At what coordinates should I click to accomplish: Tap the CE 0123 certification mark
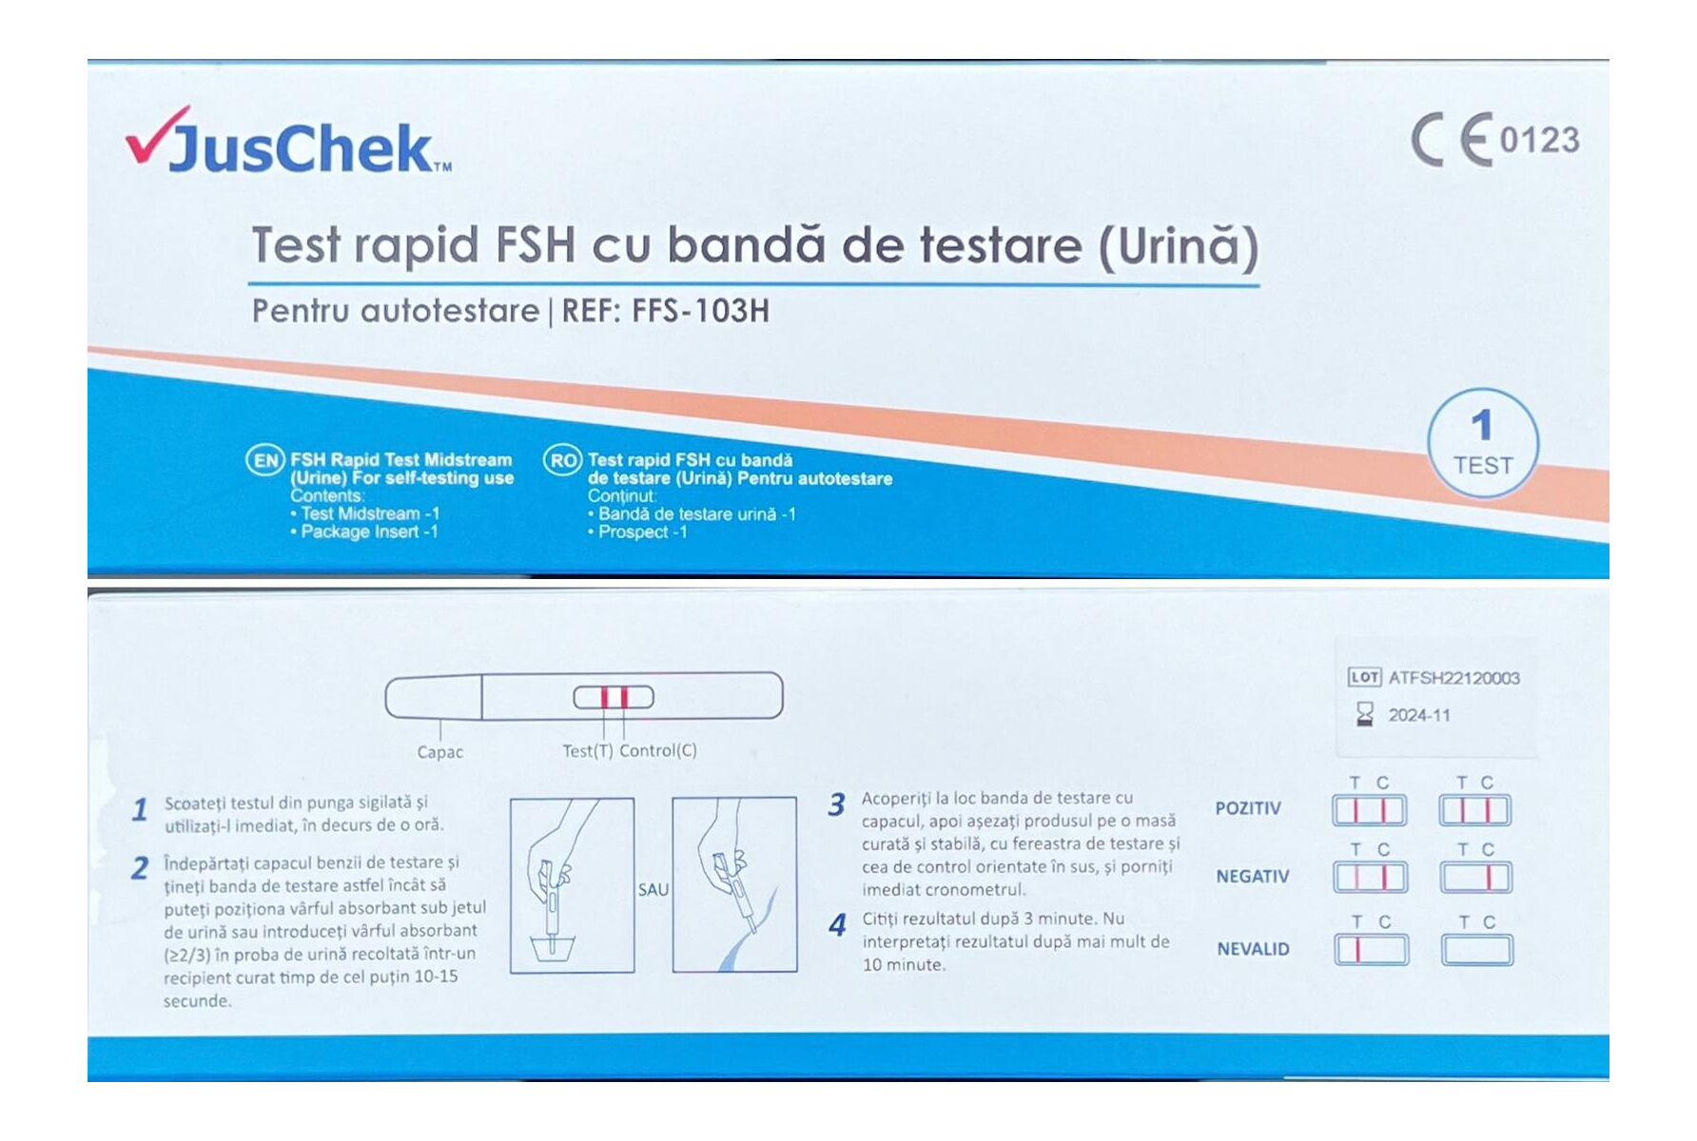[1494, 140]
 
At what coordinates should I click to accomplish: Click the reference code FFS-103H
[700, 311]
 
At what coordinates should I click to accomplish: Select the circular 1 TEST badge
[1481, 443]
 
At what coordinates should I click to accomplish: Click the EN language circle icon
[265, 461]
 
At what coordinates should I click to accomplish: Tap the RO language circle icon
[562, 461]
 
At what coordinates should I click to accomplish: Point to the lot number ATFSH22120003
[1453, 678]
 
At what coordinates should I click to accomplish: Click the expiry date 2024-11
[1418, 715]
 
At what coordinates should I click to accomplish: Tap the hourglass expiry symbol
[1364, 714]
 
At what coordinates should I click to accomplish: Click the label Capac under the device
[439, 752]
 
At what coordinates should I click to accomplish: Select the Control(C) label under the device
[658, 750]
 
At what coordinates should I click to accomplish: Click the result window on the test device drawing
[614, 697]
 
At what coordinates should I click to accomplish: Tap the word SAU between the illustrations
[653, 890]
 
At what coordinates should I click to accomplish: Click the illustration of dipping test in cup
[572, 885]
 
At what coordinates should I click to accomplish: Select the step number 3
[836, 805]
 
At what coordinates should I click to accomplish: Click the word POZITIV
[1248, 808]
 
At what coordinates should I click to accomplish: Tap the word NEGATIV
[1252, 877]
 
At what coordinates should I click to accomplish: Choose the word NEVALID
[1253, 949]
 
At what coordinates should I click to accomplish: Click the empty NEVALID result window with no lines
[1476, 950]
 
